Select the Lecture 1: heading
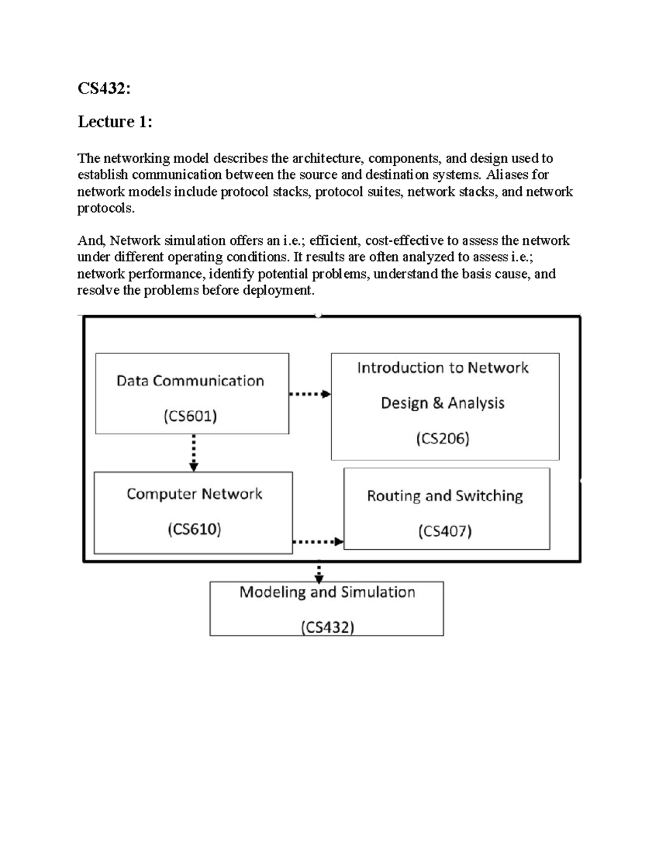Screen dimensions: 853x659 click(115, 121)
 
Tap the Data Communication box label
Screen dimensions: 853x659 click(190, 381)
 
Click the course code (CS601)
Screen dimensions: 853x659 click(190, 416)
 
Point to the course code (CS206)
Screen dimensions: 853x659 click(443, 438)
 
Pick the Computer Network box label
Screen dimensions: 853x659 click(194, 494)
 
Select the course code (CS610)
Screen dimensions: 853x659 click(194, 529)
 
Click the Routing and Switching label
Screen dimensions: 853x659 click(445, 496)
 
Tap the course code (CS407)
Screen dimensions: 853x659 click(445, 531)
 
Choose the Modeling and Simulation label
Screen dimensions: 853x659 click(327, 592)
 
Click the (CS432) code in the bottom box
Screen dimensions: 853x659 click(327, 627)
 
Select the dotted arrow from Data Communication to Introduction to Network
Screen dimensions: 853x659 click(310, 394)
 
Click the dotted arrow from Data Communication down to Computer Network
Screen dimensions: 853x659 click(193, 453)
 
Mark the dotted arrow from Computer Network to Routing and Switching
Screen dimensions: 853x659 click(318, 542)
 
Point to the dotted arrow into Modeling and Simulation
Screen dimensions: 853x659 click(319, 573)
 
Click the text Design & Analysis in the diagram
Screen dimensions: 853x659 click(443, 403)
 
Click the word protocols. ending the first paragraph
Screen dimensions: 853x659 click(105, 208)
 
